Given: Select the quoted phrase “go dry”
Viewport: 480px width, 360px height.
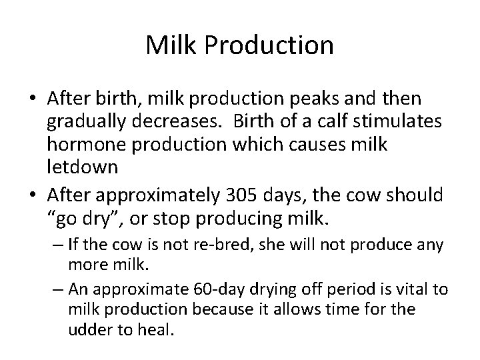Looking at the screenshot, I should (84, 219).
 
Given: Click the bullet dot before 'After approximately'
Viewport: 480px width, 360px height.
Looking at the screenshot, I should (33, 196).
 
